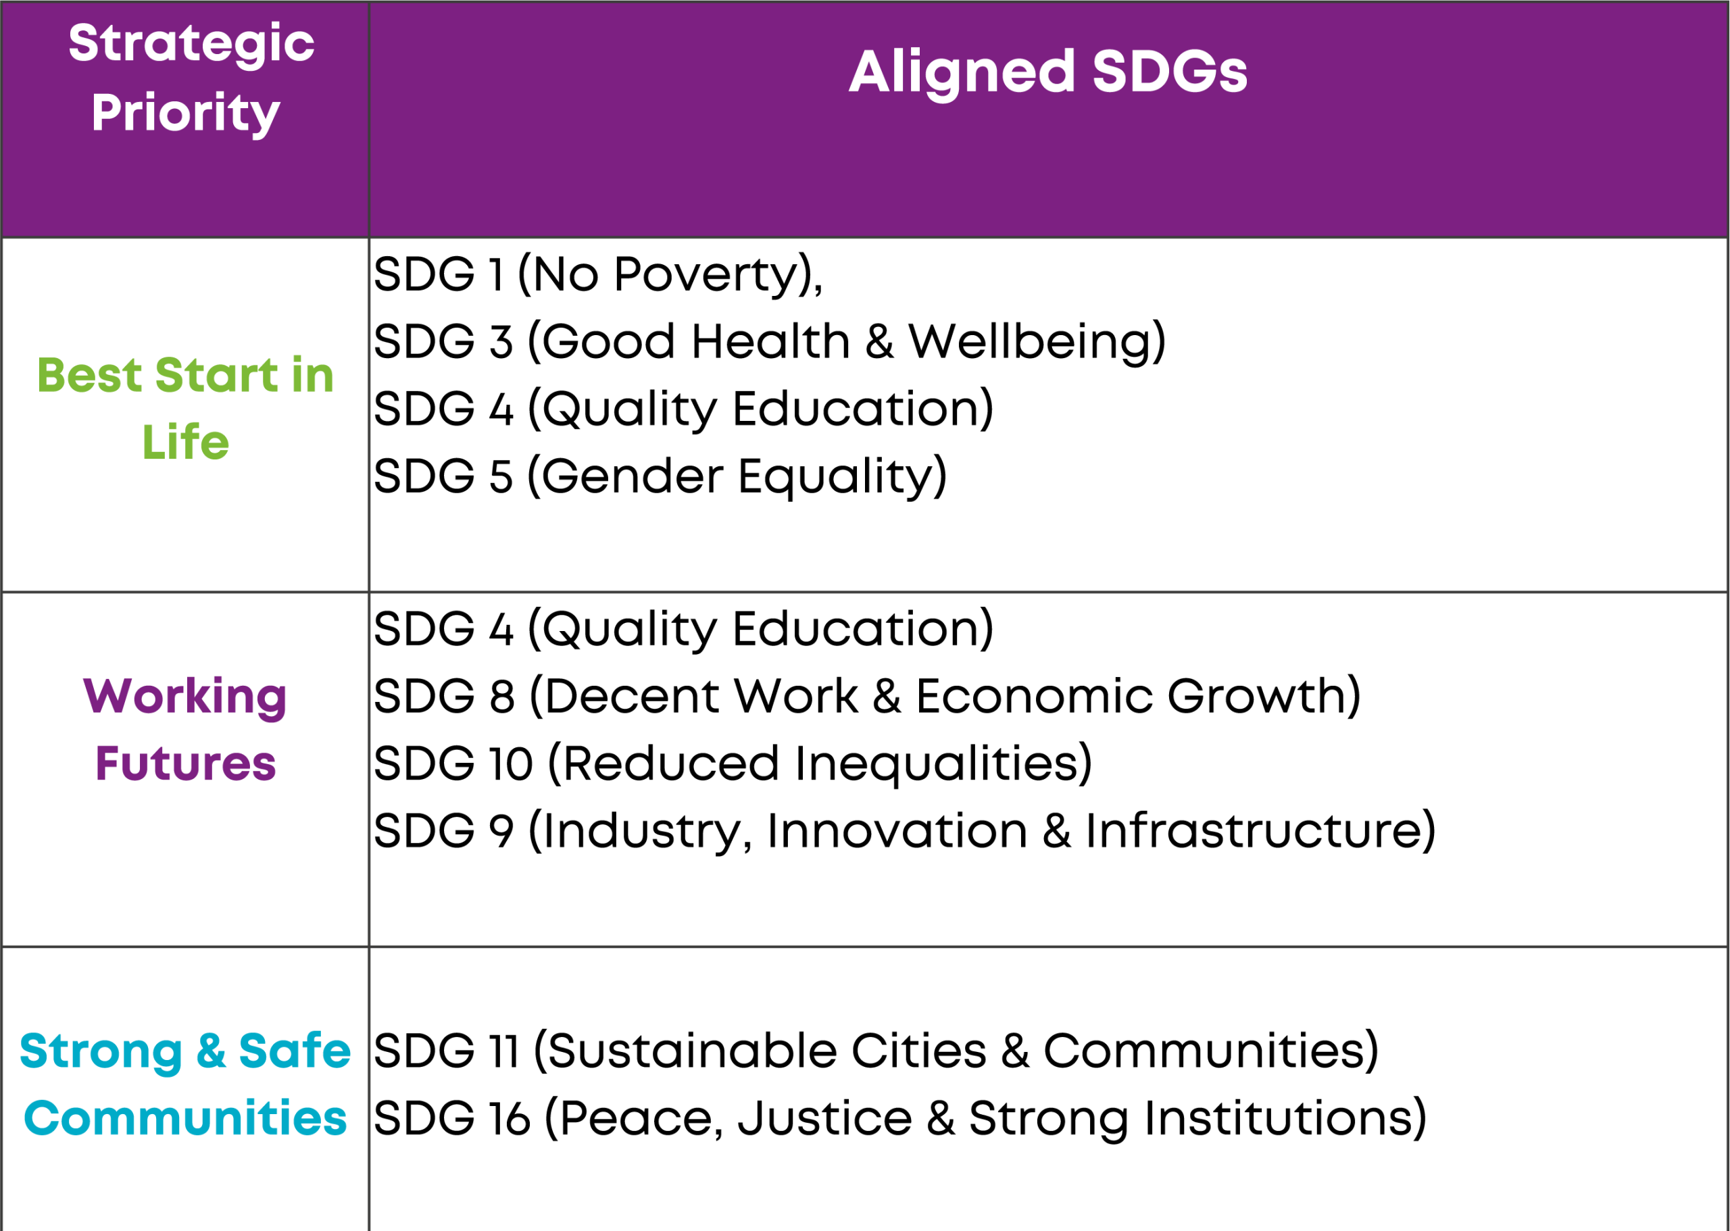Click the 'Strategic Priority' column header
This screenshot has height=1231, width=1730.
tap(191, 78)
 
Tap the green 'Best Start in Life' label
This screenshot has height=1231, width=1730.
tap(186, 408)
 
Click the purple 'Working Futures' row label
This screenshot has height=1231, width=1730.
tap(186, 729)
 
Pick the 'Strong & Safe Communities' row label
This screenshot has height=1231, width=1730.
tap(186, 1084)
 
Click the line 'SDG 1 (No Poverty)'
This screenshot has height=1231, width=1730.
tap(597, 274)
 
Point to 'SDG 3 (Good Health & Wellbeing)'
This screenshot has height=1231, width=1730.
tap(770, 341)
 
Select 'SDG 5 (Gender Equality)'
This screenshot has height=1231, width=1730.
tap(660, 476)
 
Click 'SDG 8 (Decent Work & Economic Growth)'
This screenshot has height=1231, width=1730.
tap(867, 696)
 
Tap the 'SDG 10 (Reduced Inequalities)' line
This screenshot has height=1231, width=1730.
tap(733, 763)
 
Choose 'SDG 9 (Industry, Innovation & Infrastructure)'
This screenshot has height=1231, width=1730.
tap(905, 831)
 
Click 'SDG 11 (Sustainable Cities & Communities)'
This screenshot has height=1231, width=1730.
tap(876, 1051)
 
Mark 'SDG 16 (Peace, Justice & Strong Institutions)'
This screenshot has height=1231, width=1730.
tap(901, 1118)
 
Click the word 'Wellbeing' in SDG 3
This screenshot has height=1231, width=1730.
tap(1031, 341)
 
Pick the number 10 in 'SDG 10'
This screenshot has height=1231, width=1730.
tap(511, 763)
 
